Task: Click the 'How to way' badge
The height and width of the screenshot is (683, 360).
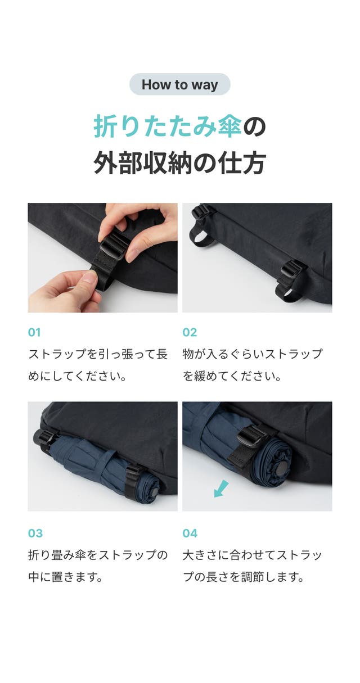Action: point(179,84)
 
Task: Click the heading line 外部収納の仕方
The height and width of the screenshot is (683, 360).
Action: point(179,163)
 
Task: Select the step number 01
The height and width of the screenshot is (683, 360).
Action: point(34,332)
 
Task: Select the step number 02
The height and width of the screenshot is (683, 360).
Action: point(190,332)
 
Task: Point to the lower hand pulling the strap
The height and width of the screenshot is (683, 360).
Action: point(65,291)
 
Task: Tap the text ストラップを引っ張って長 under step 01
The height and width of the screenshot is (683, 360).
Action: point(98,354)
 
